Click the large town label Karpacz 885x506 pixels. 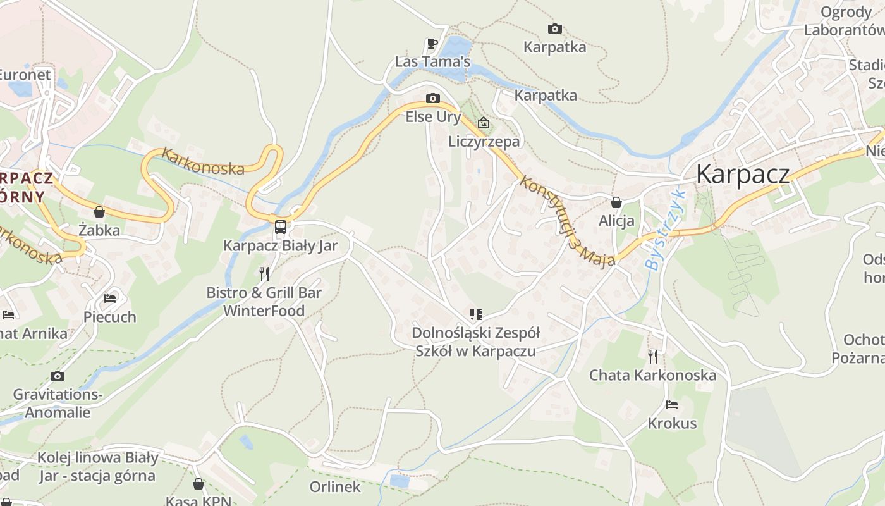pos(743,174)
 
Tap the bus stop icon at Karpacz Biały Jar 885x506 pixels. pos(281,226)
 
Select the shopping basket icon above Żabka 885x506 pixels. pos(99,212)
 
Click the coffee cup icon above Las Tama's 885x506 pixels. pos(432,44)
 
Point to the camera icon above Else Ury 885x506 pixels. pos(433,98)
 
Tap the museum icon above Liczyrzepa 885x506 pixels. pos(484,123)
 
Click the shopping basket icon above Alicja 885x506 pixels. pos(616,202)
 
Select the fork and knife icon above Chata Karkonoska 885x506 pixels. pos(653,357)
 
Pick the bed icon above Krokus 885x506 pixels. pos(672,405)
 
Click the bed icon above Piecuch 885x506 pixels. pos(110,298)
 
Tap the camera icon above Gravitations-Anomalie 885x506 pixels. pos(58,376)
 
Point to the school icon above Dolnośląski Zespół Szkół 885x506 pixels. pos(475,314)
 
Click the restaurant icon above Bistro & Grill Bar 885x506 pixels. pos(264,274)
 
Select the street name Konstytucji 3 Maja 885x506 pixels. pos(566,221)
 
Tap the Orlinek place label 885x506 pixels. pos(335,487)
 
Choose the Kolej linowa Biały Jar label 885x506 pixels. pos(97,467)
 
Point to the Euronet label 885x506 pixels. pos(24,75)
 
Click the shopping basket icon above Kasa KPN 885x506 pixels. pos(198,484)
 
